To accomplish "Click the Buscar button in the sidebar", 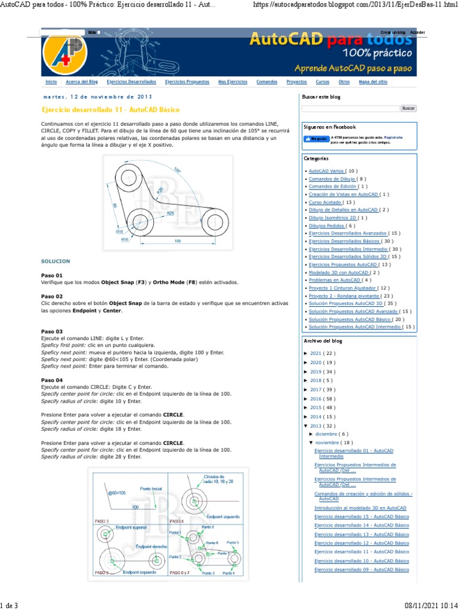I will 408,108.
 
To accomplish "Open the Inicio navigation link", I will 51,82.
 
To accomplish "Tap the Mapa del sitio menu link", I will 373,82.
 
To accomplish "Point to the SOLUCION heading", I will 55,261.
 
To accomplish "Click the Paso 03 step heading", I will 52,331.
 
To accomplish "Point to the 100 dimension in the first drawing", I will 178,241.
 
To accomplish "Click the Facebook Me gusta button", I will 316,139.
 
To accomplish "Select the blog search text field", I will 350,108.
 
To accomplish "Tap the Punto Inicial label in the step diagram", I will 150,488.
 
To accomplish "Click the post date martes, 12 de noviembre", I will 97,97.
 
